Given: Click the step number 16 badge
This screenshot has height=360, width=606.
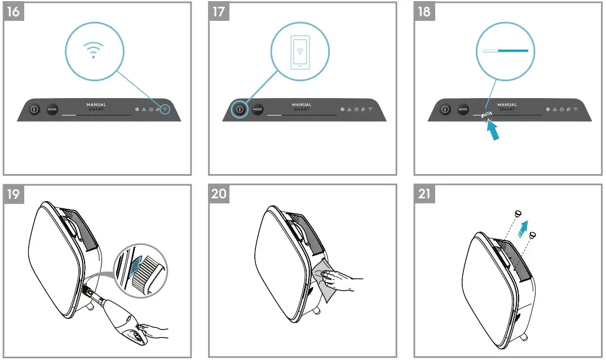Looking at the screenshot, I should coord(14,12).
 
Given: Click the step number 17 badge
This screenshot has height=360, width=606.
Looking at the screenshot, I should coord(219,12).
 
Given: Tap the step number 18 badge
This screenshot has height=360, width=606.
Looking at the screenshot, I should coord(424,12).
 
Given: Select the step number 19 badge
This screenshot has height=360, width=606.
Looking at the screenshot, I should coord(14,195).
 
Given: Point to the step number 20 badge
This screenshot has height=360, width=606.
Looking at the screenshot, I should coord(219,195).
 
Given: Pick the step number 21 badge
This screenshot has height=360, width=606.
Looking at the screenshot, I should coord(424,195).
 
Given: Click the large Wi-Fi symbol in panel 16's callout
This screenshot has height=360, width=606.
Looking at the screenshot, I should coord(94,51).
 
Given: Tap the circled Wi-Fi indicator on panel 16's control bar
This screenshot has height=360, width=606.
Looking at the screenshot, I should coord(165,109).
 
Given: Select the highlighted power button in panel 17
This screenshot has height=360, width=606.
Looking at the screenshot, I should coord(240,109).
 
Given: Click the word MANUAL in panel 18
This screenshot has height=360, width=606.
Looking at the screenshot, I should coord(507,104).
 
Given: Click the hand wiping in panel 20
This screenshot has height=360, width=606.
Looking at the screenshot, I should coord(342,277).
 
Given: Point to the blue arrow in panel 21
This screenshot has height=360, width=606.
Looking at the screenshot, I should coord(525,228).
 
